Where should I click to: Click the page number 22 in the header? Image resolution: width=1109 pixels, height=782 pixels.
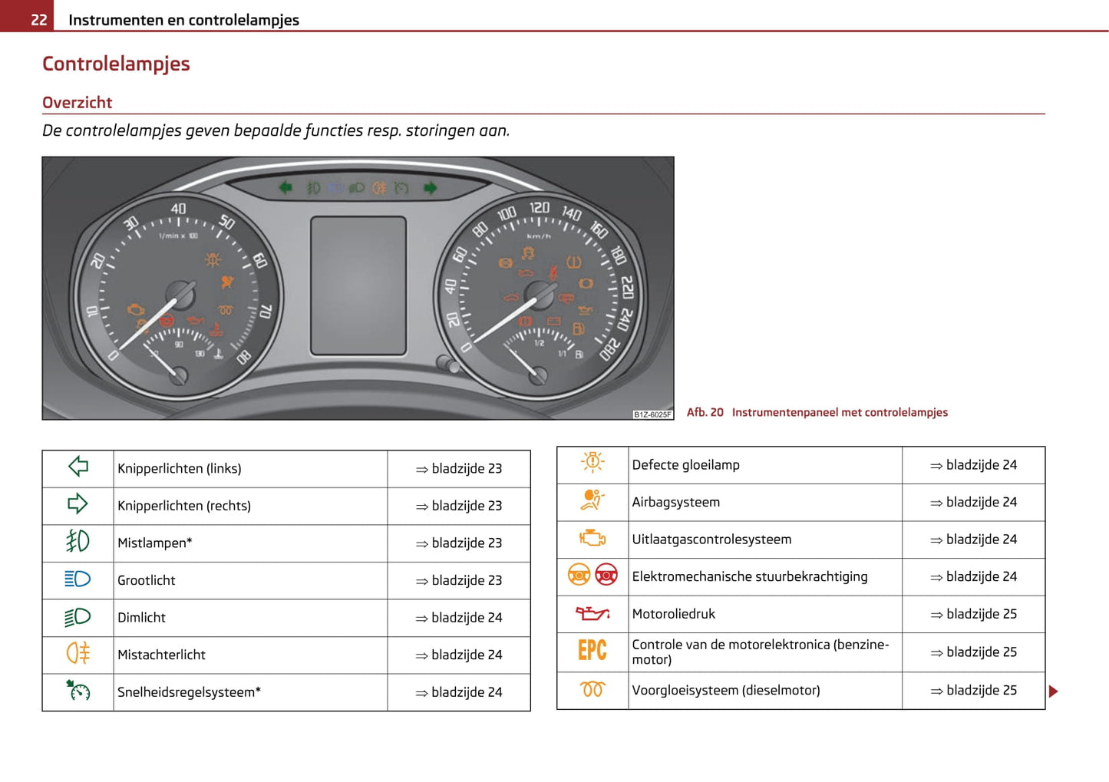[38, 19]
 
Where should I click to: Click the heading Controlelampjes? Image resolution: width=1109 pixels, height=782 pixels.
[116, 64]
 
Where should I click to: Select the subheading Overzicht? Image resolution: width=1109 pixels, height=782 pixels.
[77, 102]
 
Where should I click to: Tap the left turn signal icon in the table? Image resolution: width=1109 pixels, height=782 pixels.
[78, 467]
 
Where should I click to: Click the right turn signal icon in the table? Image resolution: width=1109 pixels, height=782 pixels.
[78, 504]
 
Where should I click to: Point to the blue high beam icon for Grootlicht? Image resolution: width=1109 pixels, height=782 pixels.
[78, 579]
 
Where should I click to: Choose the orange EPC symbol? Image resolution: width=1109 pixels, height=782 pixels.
[592, 651]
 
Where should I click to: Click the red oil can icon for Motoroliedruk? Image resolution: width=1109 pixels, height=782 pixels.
[592, 613]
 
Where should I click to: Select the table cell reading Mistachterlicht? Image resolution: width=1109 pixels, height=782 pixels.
[161, 655]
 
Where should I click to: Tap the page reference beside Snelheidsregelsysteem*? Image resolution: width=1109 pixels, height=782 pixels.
[459, 692]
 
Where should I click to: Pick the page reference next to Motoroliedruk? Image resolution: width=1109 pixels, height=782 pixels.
[973, 614]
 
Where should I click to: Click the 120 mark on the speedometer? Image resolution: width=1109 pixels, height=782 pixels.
[540, 207]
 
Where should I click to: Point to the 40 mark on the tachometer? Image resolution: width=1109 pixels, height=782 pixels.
[178, 209]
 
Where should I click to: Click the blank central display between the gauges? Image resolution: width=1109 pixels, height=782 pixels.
[358, 285]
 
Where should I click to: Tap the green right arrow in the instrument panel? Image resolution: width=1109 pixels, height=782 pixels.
[430, 188]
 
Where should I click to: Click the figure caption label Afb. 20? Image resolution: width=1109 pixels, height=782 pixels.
[705, 412]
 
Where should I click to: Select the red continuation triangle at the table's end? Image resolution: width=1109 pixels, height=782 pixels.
[1053, 691]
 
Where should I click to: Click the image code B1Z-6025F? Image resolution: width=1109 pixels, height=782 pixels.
[652, 414]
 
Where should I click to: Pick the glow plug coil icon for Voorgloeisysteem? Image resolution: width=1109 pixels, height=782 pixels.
[592, 689]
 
